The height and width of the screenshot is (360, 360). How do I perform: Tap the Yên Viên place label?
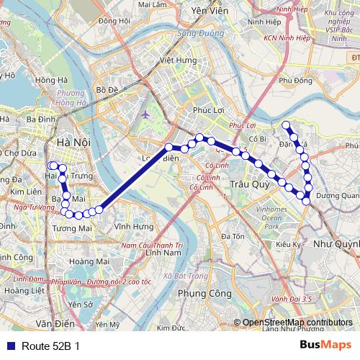[208, 12]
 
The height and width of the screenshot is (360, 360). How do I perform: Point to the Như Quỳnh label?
[336, 243]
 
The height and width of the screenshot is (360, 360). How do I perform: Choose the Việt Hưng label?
[177, 60]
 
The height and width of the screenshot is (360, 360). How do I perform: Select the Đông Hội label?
[114, 22]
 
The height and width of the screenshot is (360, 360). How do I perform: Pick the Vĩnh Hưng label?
[133, 227]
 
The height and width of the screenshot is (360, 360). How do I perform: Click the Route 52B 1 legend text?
[51, 345]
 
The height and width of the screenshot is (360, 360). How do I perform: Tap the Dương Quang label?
[337, 194]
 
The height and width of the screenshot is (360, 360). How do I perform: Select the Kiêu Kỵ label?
[288, 245]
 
